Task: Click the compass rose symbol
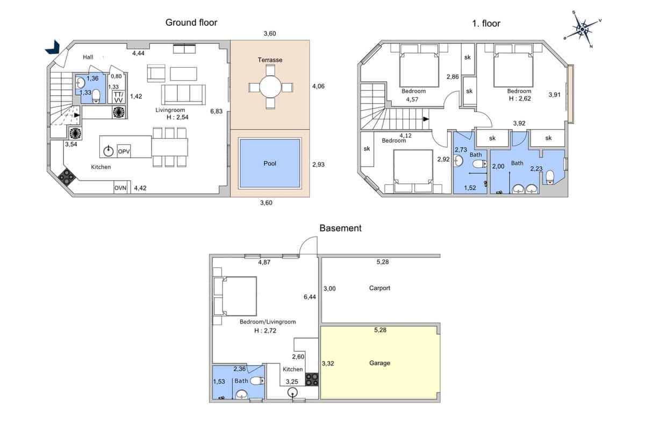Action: coord(582,27)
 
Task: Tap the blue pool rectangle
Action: coord(269,163)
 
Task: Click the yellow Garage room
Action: coord(380,363)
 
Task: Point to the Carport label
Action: coord(379,288)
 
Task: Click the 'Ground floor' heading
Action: coord(191,23)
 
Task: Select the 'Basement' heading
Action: coord(340,228)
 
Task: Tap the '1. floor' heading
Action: coord(486,23)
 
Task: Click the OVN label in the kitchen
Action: coord(120,188)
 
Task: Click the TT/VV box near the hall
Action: coord(118,97)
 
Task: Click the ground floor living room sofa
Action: coord(184,95)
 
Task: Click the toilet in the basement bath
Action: coord(257,381)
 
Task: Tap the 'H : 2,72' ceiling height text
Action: coord(265,331)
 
